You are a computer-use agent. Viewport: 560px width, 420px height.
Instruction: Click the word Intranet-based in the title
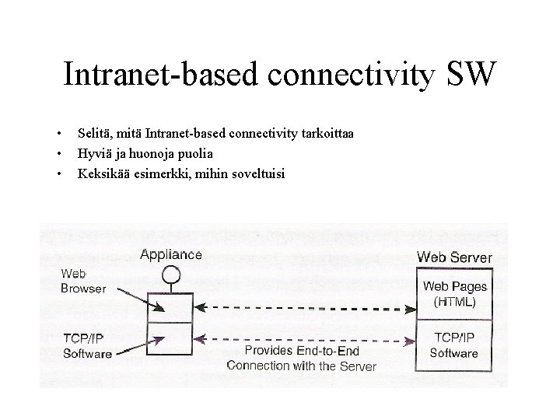[x=162, y=74]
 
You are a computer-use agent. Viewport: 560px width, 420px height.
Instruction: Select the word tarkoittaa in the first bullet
[x=326, y=135]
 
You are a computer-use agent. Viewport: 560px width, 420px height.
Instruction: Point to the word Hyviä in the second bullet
[x=93, y=153]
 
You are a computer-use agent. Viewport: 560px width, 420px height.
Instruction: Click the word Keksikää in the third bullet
[x=101, y=173]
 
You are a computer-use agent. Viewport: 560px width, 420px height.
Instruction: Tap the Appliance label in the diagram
[x=171, y=254]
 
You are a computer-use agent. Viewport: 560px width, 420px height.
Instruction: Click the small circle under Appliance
[x=171, y=273]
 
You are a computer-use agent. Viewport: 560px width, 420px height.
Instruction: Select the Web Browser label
[x=82, y=281]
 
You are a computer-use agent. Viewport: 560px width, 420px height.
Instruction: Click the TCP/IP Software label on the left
[x=86, y=345]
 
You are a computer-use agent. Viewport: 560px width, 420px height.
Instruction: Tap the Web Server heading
[x=454, y=257]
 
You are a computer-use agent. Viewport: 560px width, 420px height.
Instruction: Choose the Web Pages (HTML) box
[x=454, y=294]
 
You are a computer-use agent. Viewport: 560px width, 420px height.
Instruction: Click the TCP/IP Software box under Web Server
[x=454, y=345]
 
